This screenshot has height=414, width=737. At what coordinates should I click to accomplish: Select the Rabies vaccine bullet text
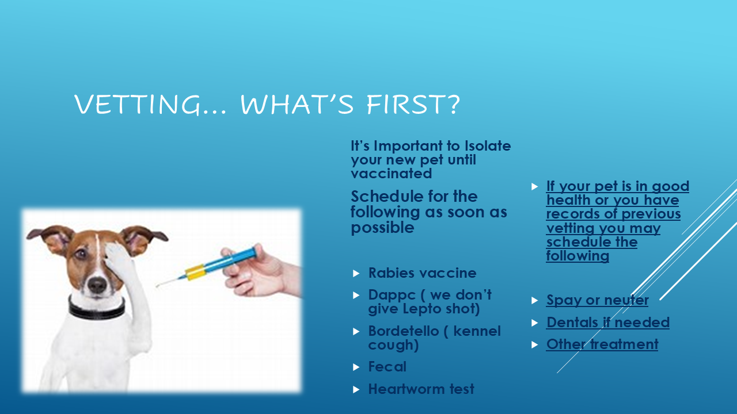tap(422, 273)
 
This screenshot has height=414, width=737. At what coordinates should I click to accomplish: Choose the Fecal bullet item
tap(387, 367)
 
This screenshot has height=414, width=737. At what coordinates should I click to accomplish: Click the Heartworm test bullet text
tap(421, 389)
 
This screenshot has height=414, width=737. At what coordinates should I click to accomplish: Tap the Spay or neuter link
tap(597, 300)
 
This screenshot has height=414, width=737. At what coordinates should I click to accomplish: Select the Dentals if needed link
tap(607, 323)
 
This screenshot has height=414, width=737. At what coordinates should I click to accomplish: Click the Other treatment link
tap(602, 344)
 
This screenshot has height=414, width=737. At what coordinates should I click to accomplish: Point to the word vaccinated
tap(391, 173)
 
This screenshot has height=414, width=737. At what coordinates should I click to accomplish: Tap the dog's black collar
tap(96, 310)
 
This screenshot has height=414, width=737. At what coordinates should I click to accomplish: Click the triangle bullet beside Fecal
tap(356, 367)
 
